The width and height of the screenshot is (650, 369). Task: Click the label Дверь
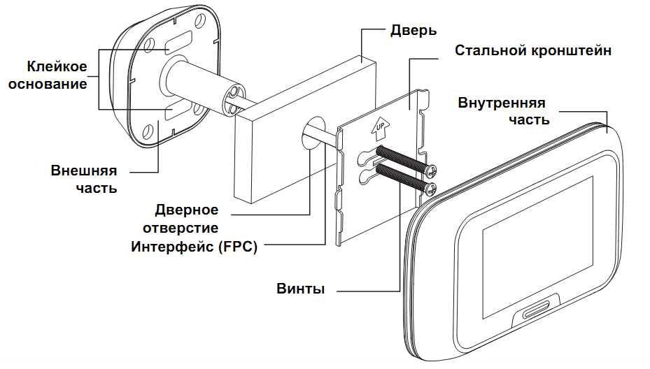[413, 31]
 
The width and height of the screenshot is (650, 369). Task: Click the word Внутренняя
[502, 103]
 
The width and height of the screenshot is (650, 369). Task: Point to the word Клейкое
[57, 68]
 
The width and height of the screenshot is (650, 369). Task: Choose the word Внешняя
[83, 171]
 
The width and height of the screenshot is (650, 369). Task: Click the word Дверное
[187, 210]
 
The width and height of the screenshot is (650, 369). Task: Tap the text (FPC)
[234, 246]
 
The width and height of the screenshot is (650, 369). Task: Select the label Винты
[300, 289]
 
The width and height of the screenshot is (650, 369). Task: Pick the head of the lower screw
[430, 187]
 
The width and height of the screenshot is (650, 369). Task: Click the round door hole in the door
[313, 129]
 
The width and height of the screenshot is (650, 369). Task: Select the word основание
[57, 84]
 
